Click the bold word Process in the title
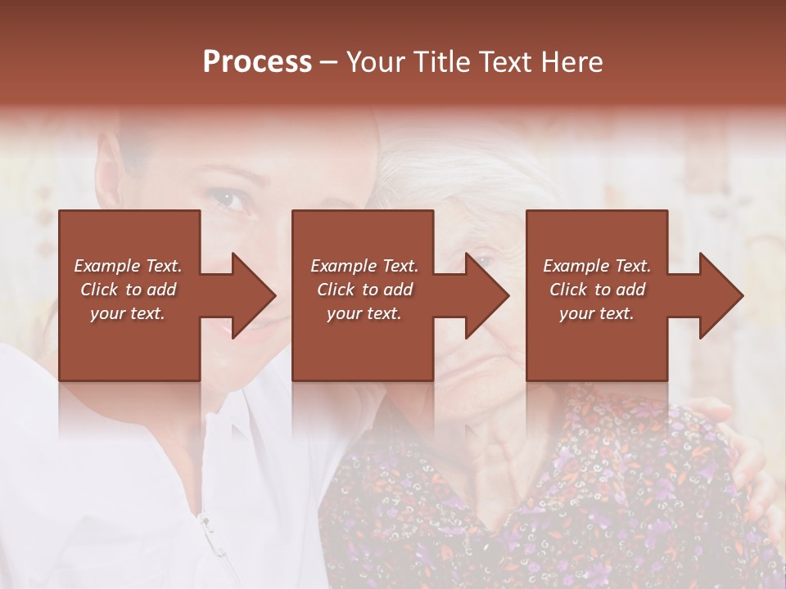[257, 62]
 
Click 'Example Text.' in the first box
[128, 266]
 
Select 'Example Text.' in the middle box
[364, 266]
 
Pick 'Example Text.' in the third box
[597, 266]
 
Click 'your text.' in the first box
[128, 313]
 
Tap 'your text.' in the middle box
[364, 313]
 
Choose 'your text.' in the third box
[597, 313]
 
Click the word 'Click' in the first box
[100, 290]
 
